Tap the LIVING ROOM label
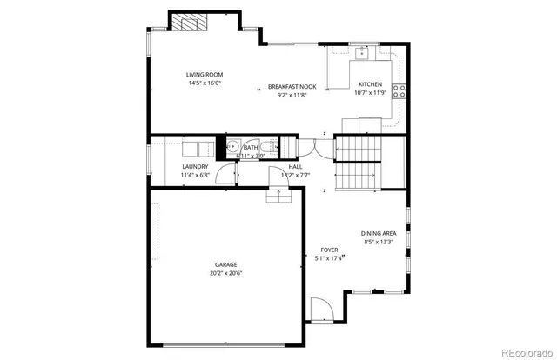pyautogui.click(x=204, y=74)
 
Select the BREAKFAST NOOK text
pyautogui.click(x=291, y=87)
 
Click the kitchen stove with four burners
pyautogui.click(x=400, y=90)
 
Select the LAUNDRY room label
pyautogui.click(x=195, y=167)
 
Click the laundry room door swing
pyautogui.click(x=225, y=173)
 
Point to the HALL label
pyautogui.click(x=295, y=167)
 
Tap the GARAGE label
pyautogui.click(x=226, y=264)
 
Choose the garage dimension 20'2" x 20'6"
pyautogui.click(x=226, y=273)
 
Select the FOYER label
pyautogui.click(x=328, y=249)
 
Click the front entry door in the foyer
pyautogui.click(x=320, y=310)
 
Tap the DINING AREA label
pyautogui.click(x=379, y=232)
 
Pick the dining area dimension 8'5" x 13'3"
pyautogui.click(x=379, y=242)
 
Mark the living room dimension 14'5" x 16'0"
pyautogui.click(x=204, y=83)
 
